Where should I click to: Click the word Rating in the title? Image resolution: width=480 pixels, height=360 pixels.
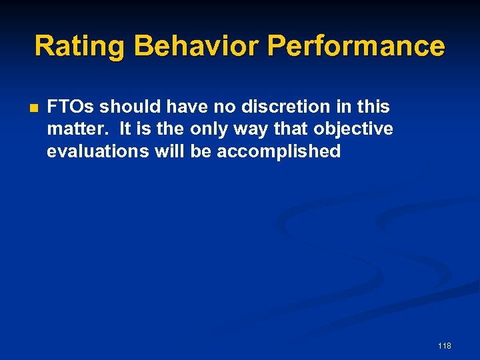[79, 47]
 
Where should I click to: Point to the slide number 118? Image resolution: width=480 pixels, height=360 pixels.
[445, 345]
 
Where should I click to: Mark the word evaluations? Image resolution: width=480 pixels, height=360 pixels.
[98, 151]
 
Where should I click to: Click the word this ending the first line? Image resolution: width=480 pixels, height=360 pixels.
[373, 107]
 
